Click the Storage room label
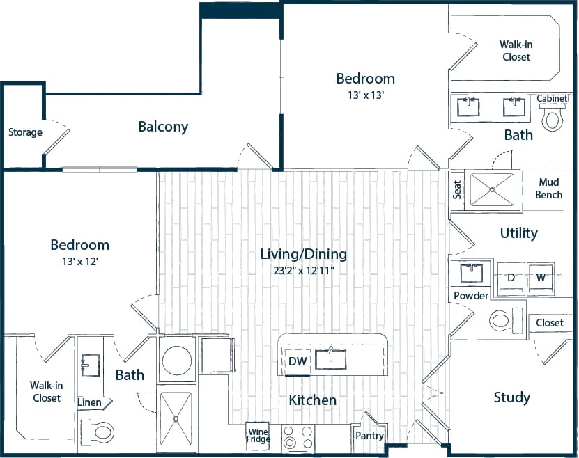(x=25, y=132)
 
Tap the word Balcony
(x=163, y=127)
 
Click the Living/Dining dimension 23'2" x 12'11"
(x=303, y=270)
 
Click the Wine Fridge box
(x=258, y=435)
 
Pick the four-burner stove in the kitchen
(x=298, y=439)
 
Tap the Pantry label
(x=369, y=436)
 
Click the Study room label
(x=512, y=397)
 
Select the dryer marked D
(x=510, y=277)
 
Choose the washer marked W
(x=540, y=277)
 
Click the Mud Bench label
(x=549, y=189)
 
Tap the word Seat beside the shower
(x=458, y=190)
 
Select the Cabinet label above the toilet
(x=553, y=99)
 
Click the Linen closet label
(x=89, y=403)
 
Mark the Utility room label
(x=518, y=233)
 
